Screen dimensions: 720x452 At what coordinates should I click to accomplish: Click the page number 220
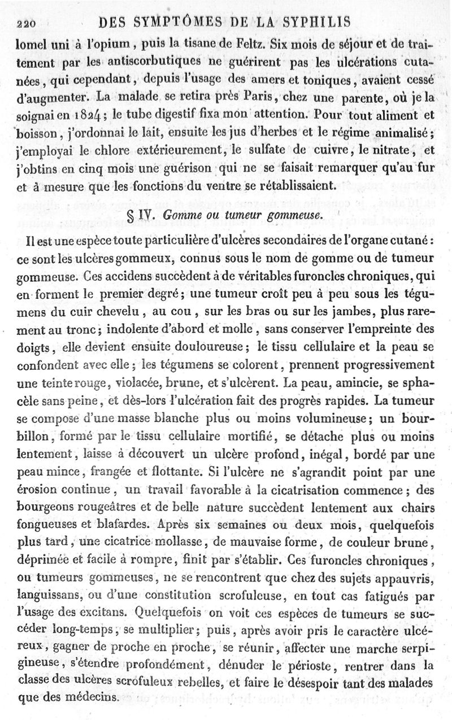coord(28,23)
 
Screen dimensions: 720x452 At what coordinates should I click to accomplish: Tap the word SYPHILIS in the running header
coord(312,22)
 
